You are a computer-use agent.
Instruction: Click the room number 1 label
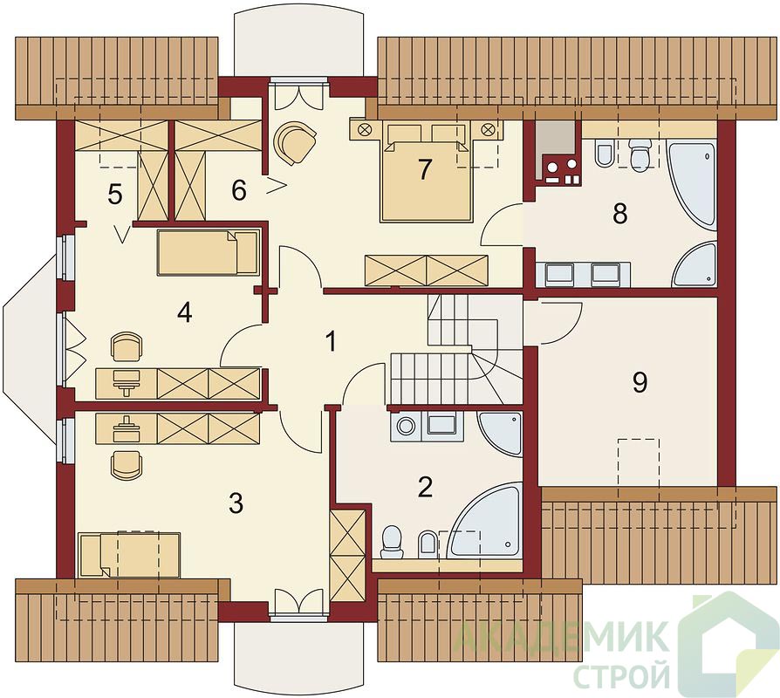click(x=330, y=342)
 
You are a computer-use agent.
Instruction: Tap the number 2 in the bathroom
click(x=425, y=488)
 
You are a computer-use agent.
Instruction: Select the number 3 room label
click(x=236, y=503)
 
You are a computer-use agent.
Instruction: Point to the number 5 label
click(x=114, y=195)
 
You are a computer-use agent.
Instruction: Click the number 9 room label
click(x=640, y=382)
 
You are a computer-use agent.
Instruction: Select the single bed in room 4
click(x=209, y=252)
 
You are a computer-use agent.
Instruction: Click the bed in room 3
click(x=129, y=555)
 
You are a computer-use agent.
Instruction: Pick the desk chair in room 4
click(x=127, y=346)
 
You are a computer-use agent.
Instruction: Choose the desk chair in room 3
click(x=127, y=465)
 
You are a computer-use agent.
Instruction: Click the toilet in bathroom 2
click(x=393, y=543)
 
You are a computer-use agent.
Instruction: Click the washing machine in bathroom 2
click(x=407, y=427)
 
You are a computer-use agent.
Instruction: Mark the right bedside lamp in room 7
click(x=488, y=129)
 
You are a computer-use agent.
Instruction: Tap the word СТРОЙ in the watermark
click(x=622, y=674)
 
